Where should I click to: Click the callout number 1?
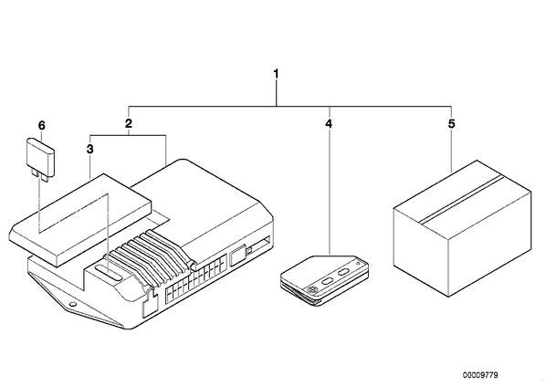[x=276, y=74]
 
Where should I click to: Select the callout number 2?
[x=129, y=123]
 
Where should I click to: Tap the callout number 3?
[x=89, y=150]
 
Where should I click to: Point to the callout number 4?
[x=329, y=123]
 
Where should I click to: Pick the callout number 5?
[x=451, y=123]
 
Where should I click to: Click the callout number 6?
[x=41, y=125]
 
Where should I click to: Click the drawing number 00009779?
[x=480, y=375]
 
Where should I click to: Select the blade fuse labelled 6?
[x=40, y=159]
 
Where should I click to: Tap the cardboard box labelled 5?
[x=462, y=228]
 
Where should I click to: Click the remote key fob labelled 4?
[x=324, y=280]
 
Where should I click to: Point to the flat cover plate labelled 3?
[x=80, y=220]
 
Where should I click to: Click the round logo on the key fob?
[x=311, y=289]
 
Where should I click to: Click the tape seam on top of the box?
[x=462, y=199]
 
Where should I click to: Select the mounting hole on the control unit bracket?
[x=72, y=305]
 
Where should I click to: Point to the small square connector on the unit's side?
[x=238, y=256]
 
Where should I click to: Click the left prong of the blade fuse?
[x=36, y=173]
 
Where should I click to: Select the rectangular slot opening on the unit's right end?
[x=260, y=245]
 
